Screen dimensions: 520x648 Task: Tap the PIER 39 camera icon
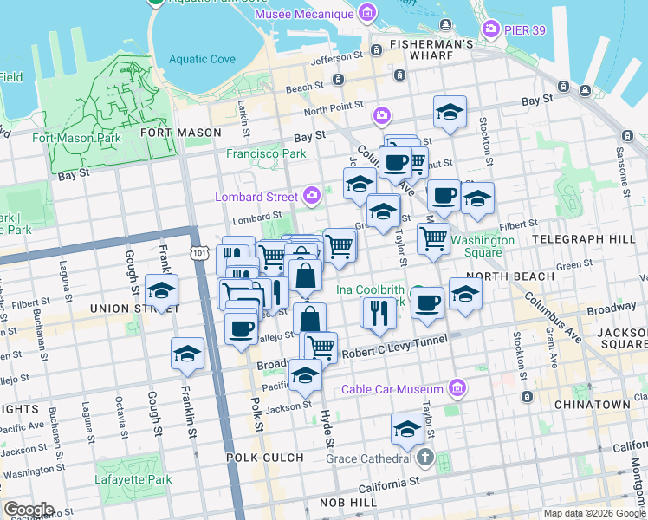492,29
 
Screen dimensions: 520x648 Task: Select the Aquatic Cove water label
202,59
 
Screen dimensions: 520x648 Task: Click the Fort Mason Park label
76,138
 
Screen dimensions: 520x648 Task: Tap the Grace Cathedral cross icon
424,457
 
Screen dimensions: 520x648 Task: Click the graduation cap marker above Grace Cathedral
407,428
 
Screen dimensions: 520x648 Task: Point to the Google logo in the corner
28,510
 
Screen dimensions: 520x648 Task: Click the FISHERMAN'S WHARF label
431,43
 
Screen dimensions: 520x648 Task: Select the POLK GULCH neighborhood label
265,457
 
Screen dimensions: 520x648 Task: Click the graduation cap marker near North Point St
450,112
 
